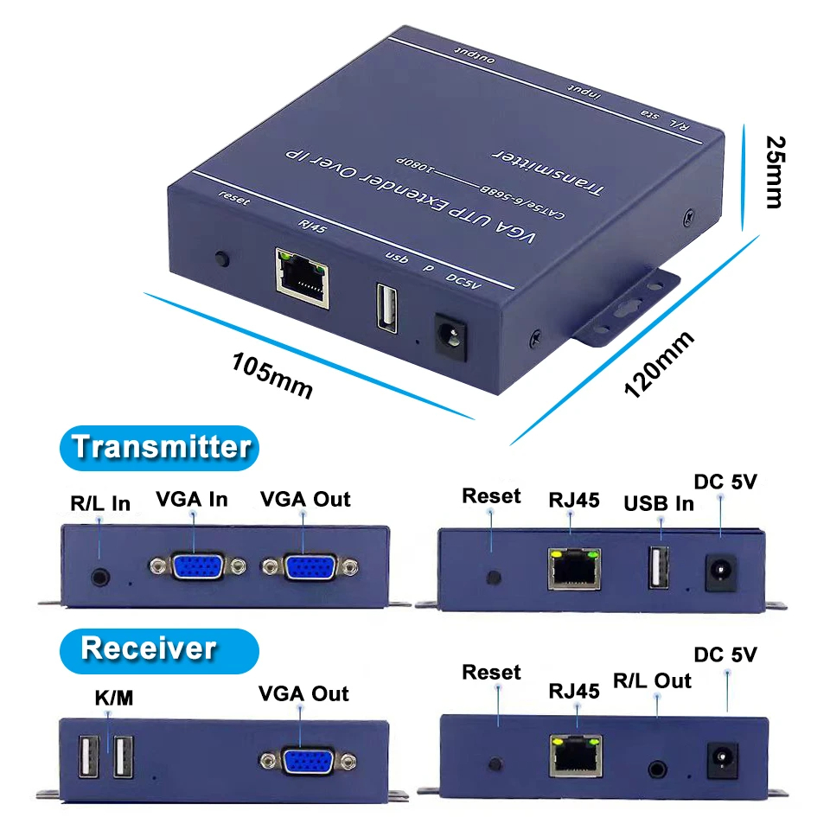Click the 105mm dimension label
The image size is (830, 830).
[x=271, y=373]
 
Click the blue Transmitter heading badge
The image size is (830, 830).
[x=160, y=447]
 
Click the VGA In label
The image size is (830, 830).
[x=192, y=499]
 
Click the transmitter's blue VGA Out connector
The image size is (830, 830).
[x=310, y=567]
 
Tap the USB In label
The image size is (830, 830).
[x=659, y=502]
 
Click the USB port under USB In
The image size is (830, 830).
[x=659, y=569]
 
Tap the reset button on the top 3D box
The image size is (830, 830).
[x=222, y=259]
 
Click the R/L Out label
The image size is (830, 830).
[x=652, y=680]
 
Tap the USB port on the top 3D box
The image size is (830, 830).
[x=386, y=307]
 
